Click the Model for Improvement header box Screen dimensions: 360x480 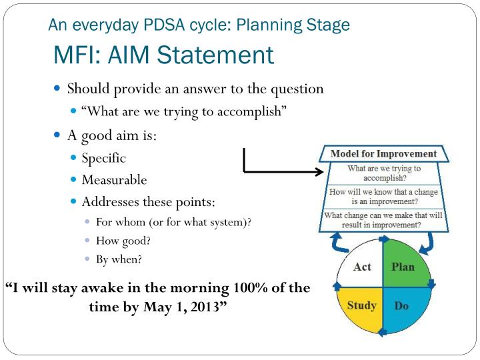(x=383, y=154)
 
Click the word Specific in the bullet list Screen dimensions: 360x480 (x=103, y=159)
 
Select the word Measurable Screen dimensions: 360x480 (x=114, y=180)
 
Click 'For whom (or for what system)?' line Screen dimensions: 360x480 (x=173, y=223)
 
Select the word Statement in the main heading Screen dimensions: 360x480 (x=214, y=55)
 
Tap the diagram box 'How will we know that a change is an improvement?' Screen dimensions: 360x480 (x=383, y=197)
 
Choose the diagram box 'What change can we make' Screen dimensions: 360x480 (x=383, y=220)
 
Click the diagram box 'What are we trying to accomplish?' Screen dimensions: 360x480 (x=383, y=173)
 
